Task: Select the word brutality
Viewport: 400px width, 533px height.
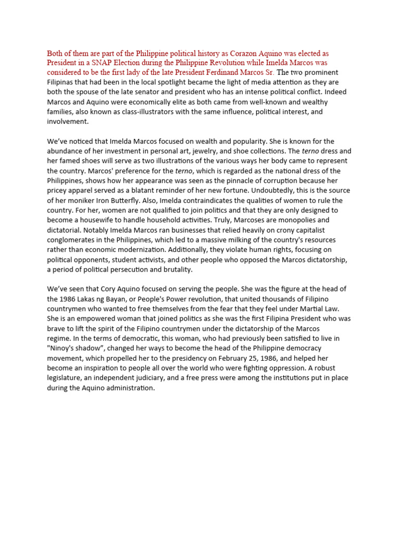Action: [174, 269]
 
